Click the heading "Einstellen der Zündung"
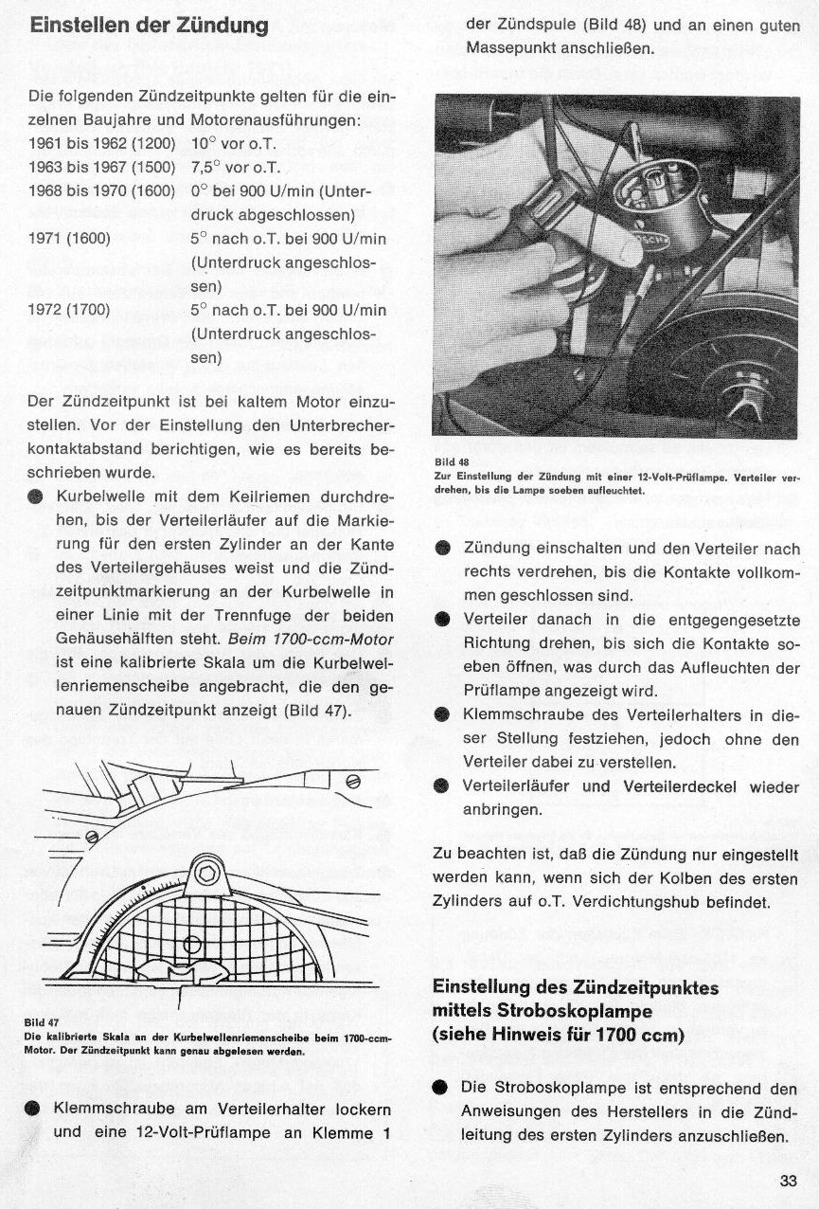150,26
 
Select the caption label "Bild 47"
41,1022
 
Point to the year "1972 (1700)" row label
69,310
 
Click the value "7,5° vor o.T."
236,168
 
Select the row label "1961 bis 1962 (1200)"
102,145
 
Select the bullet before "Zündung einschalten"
442,549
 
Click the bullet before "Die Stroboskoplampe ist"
442,1088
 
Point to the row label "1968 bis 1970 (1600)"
102,191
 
